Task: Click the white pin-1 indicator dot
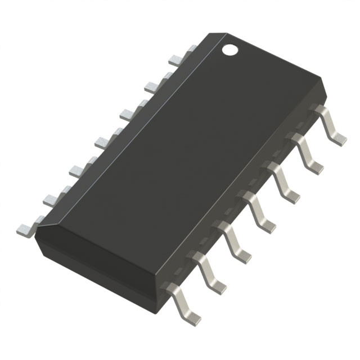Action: point(229,49)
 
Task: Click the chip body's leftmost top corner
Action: point(37,232)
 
